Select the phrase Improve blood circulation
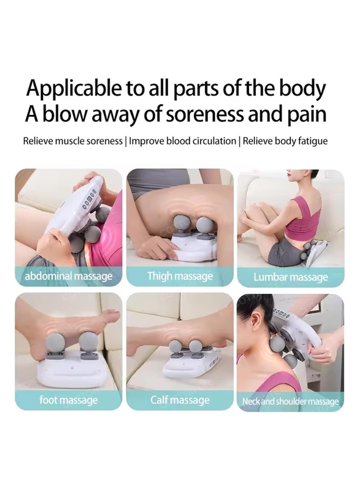[183, 141]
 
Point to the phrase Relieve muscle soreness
[73, 141]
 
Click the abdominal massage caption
[68, 275]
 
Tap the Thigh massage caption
[180, 275]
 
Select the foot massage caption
[68, 399]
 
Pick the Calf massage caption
[180, 399]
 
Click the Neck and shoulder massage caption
[290, 401]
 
